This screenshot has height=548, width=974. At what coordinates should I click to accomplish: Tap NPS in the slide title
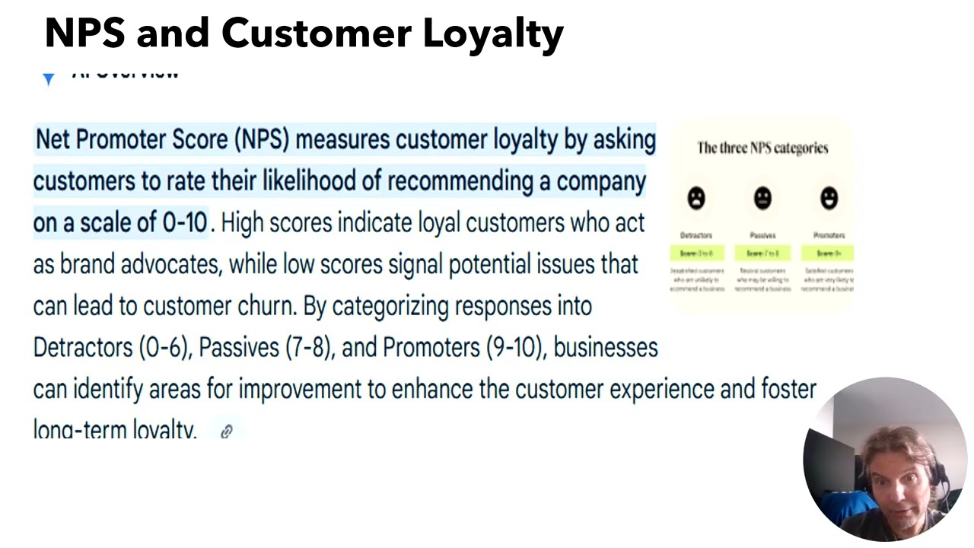[84, 33]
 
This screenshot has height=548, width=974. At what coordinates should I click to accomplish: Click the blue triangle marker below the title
[49, 78]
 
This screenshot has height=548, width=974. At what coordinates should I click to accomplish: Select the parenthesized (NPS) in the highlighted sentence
[262, 140]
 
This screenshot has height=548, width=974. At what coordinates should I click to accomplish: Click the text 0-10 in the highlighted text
[185, 222]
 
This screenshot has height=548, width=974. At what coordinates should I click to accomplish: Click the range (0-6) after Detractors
[164, 348]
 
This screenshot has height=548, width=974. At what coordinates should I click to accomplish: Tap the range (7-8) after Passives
[309, 348]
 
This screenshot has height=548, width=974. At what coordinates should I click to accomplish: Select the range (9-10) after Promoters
[514, 348]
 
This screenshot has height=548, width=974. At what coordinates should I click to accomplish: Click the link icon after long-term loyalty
[226, 432]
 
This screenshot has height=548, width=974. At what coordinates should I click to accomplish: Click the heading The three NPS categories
[762, 148]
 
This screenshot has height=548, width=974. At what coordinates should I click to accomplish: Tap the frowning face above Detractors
[695, 199]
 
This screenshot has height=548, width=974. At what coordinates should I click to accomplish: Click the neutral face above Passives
[762, 199]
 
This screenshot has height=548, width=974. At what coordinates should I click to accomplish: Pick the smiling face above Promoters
[829, 199]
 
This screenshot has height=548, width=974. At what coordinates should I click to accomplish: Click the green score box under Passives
[762, 253]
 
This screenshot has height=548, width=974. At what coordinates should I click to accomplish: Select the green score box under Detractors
[696, 253]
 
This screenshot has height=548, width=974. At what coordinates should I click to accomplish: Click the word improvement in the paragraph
[300, 389]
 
